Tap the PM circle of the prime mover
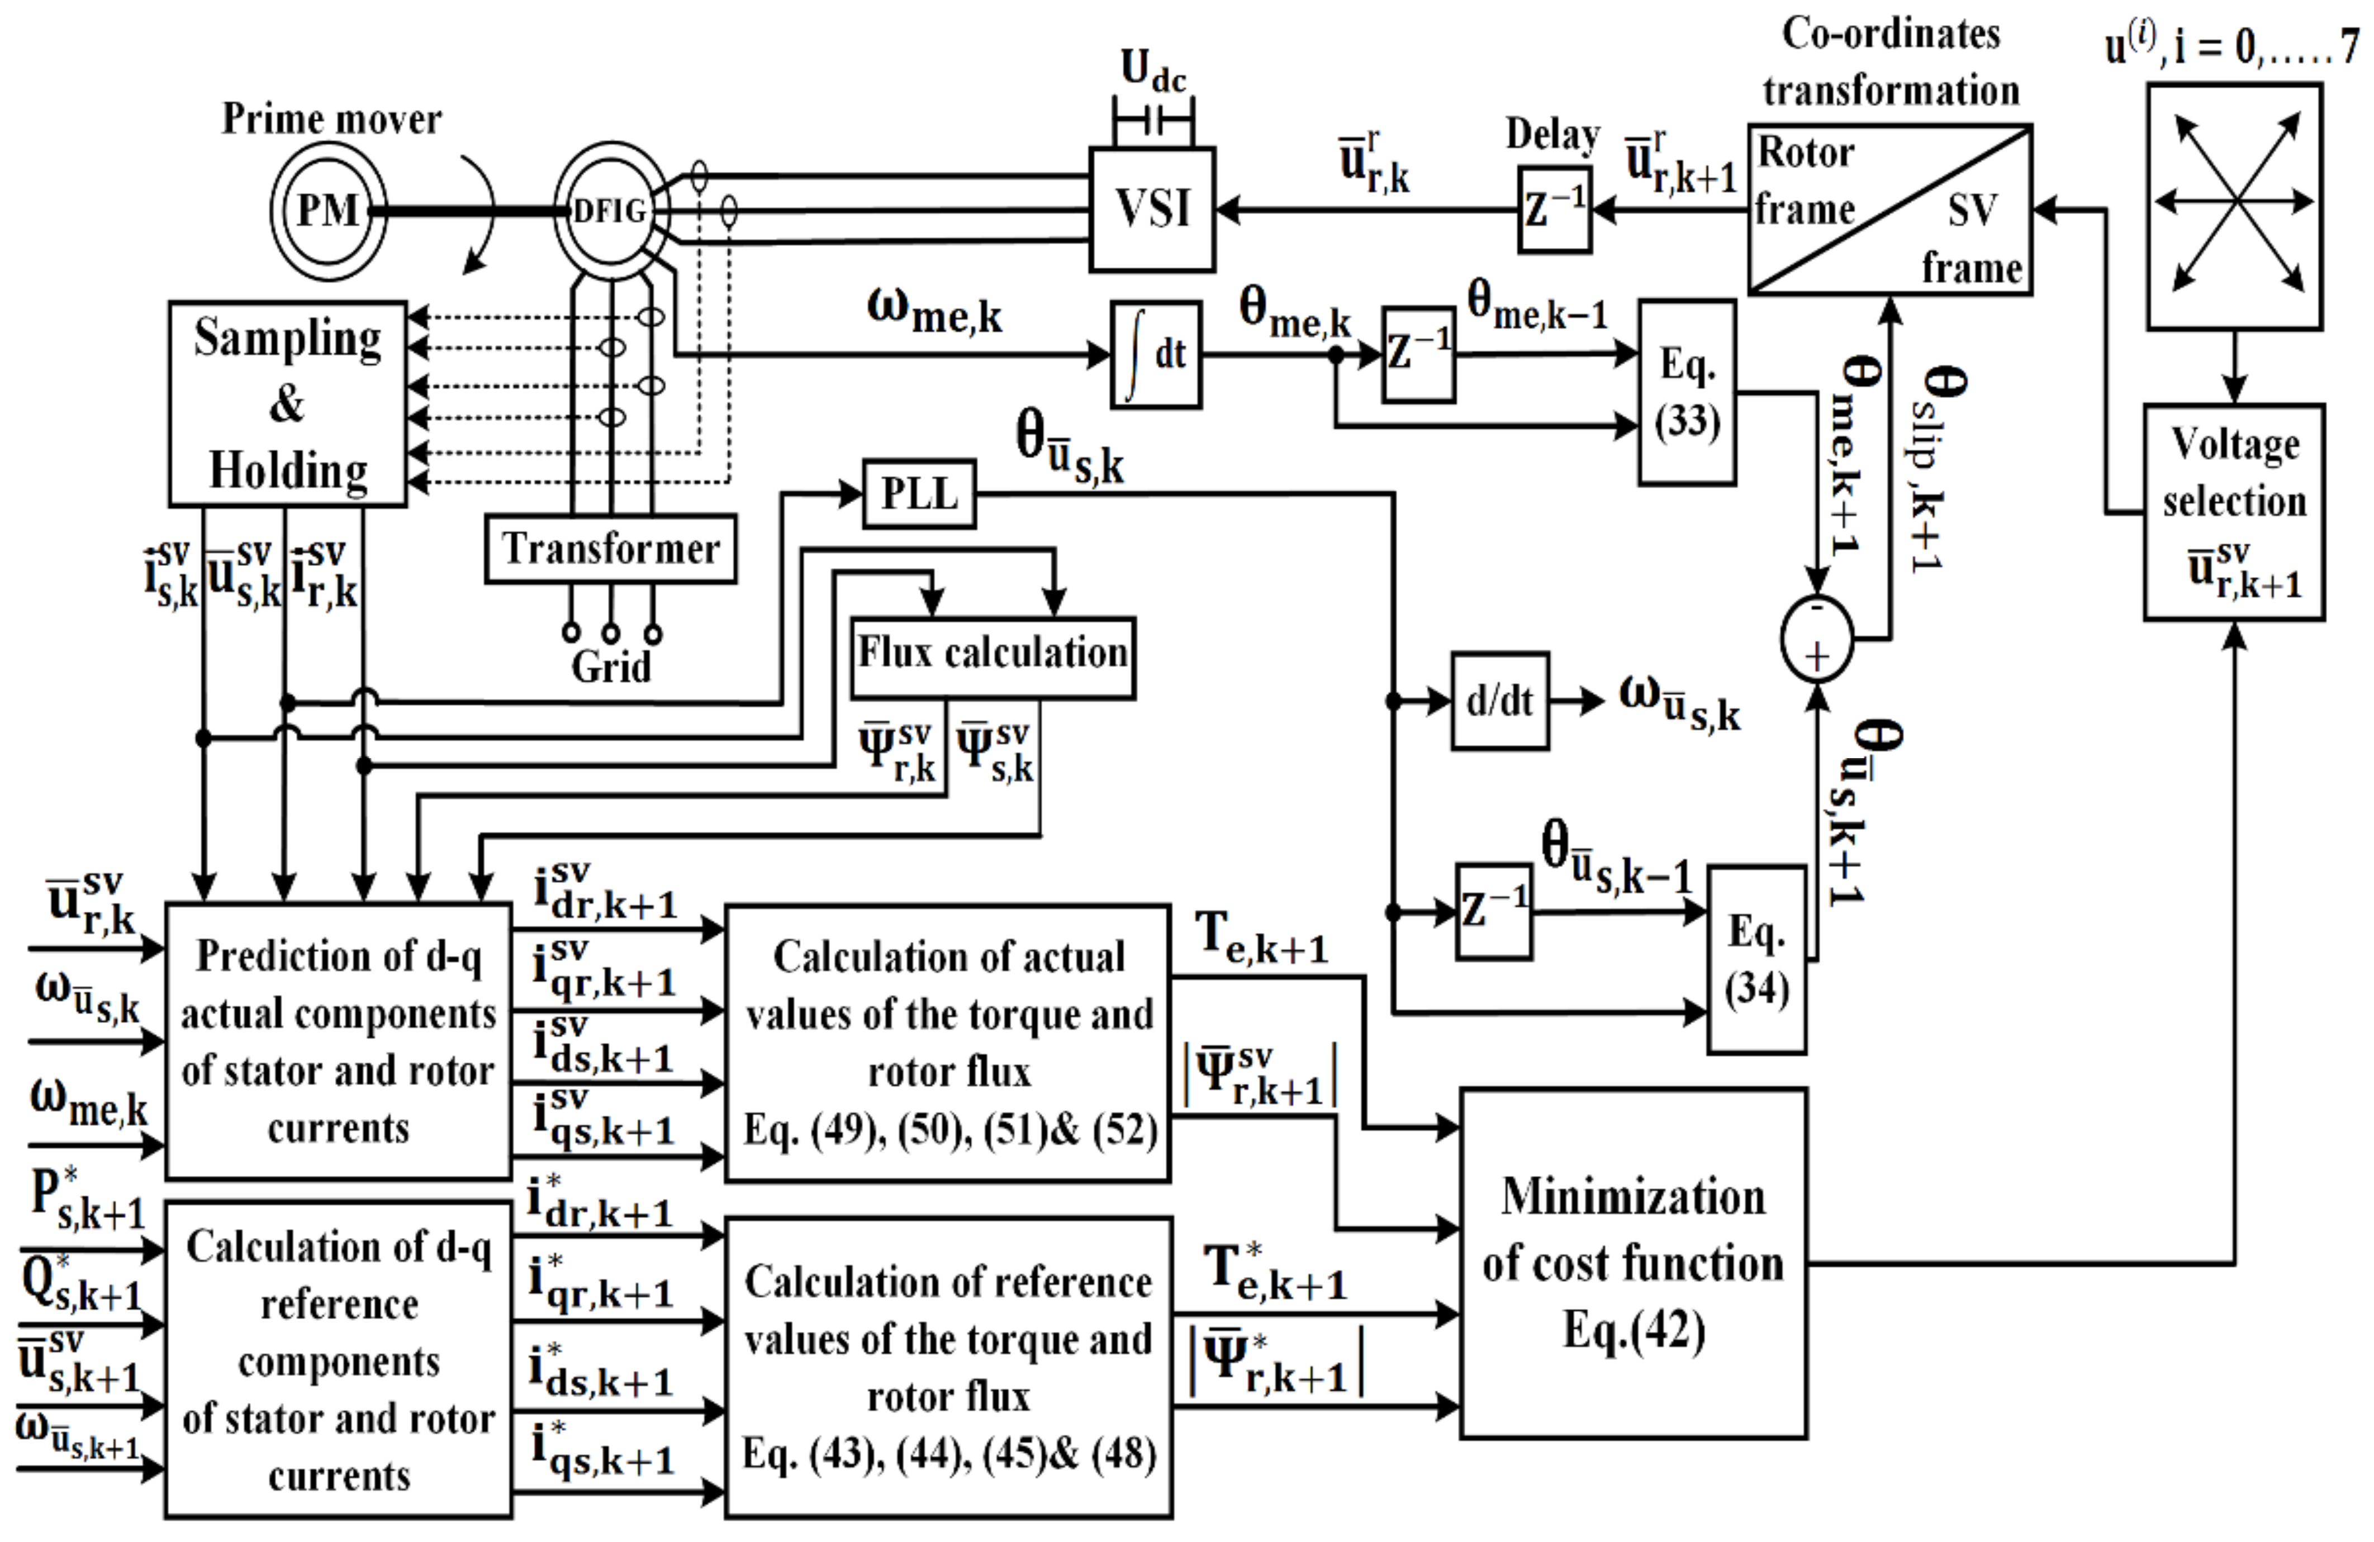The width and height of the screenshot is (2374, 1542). click(x=328, y=211)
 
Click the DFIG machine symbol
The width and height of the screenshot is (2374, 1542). click(x=610, y=211)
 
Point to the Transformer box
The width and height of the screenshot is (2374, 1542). click(x=610, y=549)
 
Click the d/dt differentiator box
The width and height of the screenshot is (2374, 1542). click(x=1499, y=701)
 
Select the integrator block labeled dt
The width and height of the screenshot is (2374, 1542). click(x=1156, y=354)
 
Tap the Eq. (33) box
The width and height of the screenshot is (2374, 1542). click(x=1687, y=393)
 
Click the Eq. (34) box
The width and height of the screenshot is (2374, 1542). click(x=1756, y=959)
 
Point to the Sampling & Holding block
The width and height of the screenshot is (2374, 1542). click(x=287, y=404)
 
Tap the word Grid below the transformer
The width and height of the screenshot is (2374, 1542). click(x=610, y=667)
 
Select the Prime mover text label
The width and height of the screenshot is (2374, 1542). click(x=331, y=118)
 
